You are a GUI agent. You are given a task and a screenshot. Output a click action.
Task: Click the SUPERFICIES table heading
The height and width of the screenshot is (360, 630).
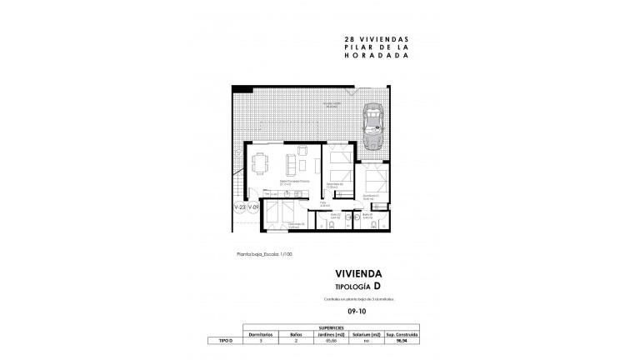[351, 328]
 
